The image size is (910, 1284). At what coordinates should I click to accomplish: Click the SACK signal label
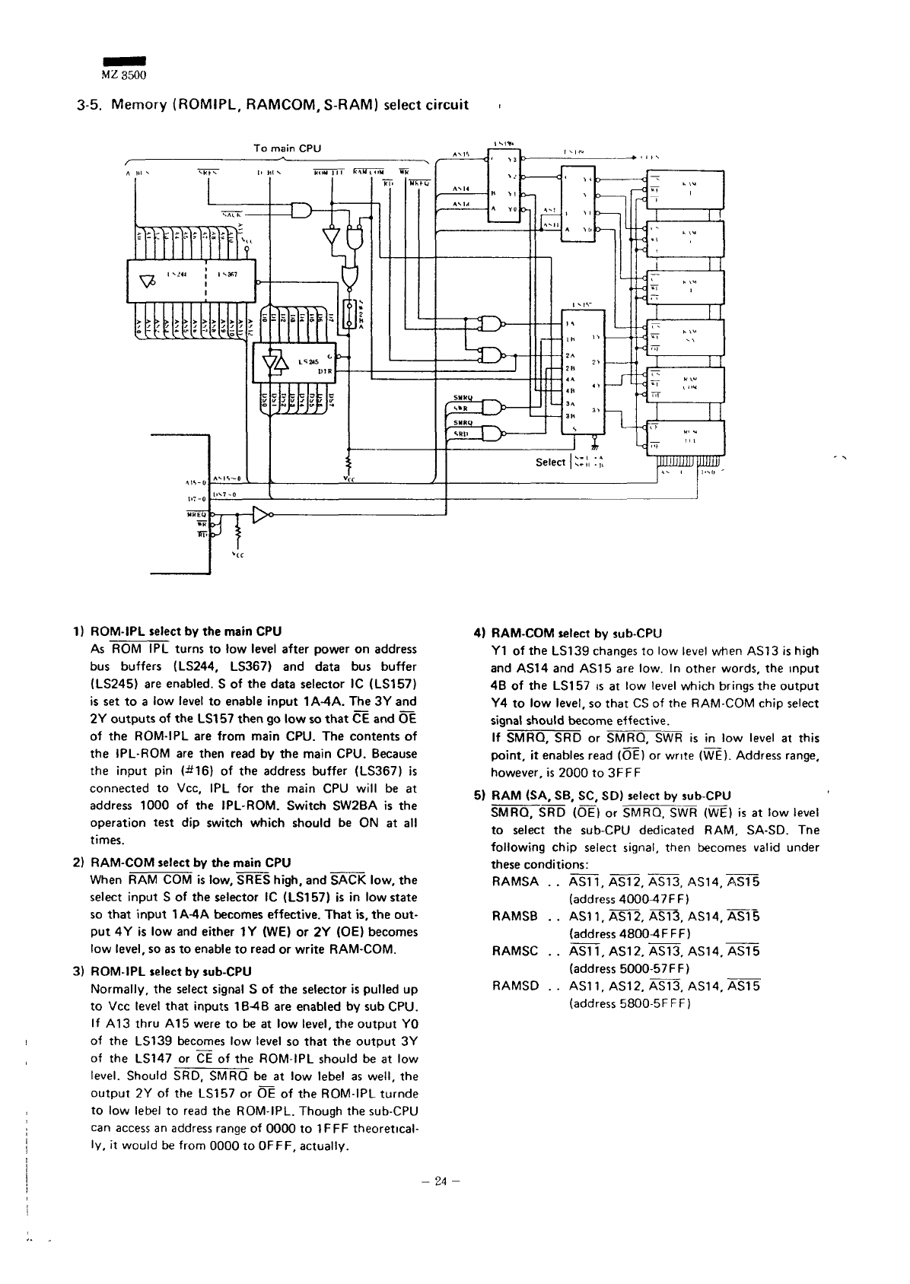(x=231, y=215)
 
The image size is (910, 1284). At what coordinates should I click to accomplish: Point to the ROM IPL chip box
(x=686, y=438)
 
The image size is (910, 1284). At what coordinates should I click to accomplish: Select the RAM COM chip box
(x=686, y=386)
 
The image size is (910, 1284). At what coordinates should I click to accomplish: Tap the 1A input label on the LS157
(x=569, y=323)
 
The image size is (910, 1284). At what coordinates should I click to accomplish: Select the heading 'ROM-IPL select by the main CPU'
(x=186, y=631)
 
